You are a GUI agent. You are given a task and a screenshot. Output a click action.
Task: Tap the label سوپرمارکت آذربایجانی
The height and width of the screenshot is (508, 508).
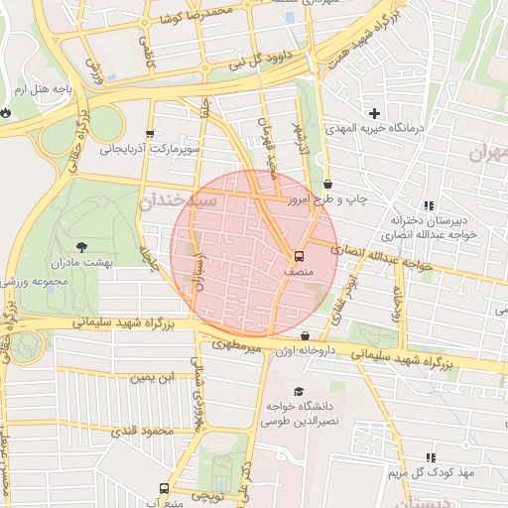[x=150, y=151]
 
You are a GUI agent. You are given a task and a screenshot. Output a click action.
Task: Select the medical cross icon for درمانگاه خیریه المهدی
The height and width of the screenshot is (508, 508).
[x=374, y=113]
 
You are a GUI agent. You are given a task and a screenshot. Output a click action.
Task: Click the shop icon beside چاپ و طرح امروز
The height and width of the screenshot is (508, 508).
[x=328, y=184]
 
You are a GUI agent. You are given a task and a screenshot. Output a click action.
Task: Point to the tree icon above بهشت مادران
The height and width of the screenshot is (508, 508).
[x=80, y=245]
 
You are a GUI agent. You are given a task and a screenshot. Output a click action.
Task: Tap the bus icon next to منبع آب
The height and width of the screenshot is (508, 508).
[x=163, y=488]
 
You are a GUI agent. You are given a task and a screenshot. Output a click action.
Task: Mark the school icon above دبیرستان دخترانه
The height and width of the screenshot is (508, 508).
[x=429, y=203]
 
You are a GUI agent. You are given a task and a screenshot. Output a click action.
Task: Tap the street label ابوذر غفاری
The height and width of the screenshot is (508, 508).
[x=349, y=284]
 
